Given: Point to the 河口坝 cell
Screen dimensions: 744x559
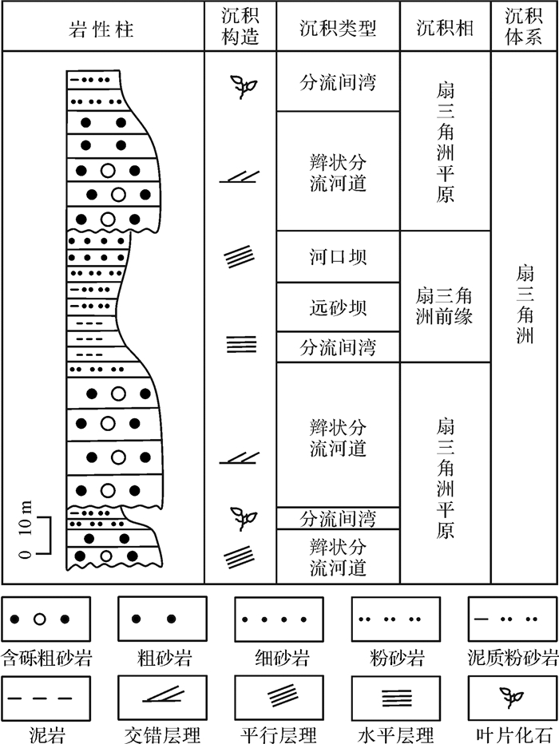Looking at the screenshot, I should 338,257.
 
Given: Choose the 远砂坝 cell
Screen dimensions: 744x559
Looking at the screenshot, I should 338,307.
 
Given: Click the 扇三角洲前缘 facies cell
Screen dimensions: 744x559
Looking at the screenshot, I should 445,307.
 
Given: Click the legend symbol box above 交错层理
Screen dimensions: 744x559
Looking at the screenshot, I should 162,699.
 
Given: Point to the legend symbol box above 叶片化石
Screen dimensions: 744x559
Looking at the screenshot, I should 512,699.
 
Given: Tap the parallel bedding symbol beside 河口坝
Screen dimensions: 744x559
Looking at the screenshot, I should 241,257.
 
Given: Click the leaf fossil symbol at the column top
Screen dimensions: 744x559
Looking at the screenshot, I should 240,84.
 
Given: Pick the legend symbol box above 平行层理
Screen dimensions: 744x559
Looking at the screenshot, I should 279,699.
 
